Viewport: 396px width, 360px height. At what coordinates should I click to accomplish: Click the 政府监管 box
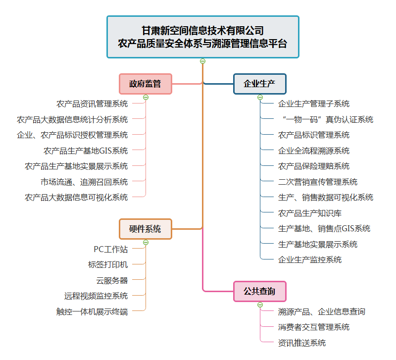pos(145,84)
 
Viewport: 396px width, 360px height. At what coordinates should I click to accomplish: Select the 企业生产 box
pos(259,84)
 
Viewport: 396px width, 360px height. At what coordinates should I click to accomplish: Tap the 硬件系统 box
pos(145,229)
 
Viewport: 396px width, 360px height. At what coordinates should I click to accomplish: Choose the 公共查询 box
pos(259,291)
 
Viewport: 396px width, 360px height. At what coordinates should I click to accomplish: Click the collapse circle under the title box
pos(202,61)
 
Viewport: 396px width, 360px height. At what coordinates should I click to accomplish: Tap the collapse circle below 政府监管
pos(146,97)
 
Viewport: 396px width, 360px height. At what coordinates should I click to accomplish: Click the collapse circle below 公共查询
pos(260,305)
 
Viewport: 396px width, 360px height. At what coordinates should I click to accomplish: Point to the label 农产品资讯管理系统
pos(92,104)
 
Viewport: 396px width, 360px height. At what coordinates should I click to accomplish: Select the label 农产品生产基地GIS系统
pos(86,151)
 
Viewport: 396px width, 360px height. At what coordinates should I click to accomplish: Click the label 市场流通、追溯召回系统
pos(84,182)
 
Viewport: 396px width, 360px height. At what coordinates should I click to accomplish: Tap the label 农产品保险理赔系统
pos(314,166)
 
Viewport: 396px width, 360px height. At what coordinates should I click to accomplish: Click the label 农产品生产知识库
pos(310,213)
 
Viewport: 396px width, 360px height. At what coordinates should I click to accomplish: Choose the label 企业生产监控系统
pos(310,259)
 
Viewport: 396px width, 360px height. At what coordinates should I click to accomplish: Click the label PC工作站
pos(110,249)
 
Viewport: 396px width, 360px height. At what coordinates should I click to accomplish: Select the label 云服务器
pos(112,280)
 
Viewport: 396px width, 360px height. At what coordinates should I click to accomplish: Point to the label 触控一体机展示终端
pos(92,311)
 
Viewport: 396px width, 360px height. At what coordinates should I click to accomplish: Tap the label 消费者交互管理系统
pos(314,327)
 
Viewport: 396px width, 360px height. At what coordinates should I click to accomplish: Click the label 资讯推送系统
pos(302,343)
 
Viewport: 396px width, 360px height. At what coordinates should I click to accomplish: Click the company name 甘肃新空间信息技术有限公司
pos(202,30)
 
